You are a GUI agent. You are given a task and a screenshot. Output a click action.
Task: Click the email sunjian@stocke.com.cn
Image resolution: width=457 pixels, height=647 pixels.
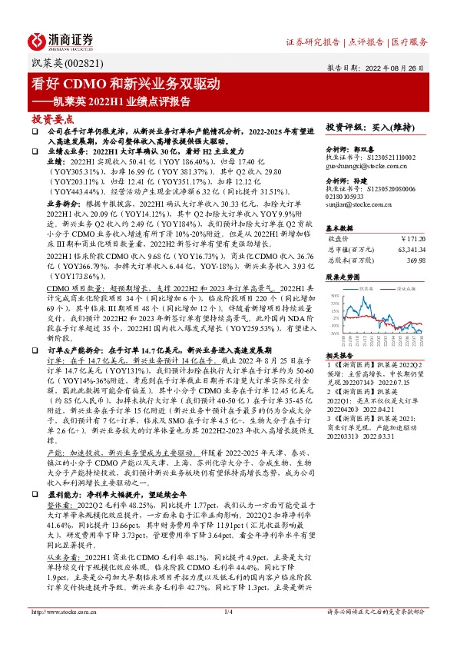tap(359, 205)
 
